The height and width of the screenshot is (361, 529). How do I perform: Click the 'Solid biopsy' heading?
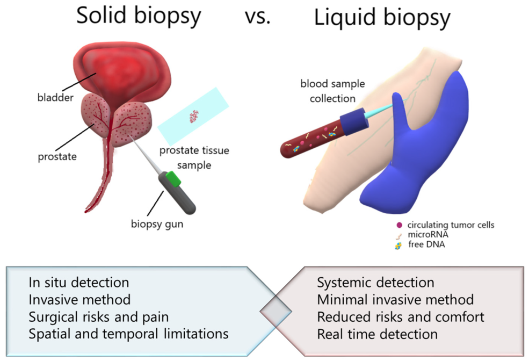[x=139, y=16]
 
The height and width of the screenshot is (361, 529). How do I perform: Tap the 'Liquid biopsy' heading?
[x=382, y=18]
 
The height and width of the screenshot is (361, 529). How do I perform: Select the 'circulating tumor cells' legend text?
[x=451, y=225]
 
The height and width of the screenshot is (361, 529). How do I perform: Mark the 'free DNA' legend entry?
[x=426, y=245]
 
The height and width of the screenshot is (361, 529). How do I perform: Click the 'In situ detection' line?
[x=79, y=282]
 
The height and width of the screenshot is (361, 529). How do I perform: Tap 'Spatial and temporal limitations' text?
[x=128, y=334]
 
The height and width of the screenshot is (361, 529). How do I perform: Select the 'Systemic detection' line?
[x=375, y=282]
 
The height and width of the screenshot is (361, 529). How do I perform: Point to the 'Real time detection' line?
[x=377, y=334]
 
